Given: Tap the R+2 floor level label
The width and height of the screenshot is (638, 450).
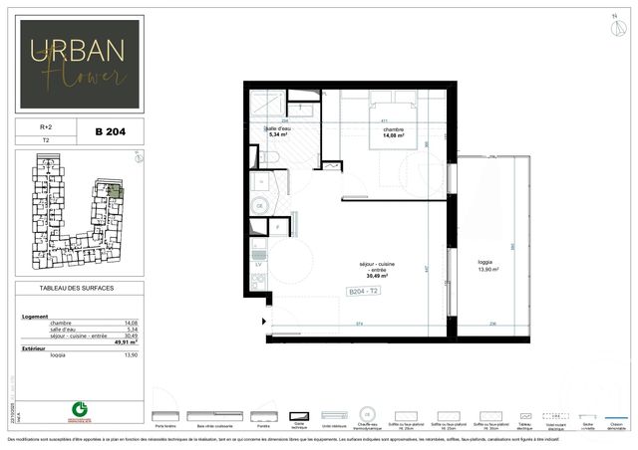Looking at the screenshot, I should pos(46,127).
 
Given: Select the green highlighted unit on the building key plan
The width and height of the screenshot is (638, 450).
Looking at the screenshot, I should pos(114,191).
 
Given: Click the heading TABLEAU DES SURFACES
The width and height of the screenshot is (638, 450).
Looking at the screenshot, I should pos(77,288).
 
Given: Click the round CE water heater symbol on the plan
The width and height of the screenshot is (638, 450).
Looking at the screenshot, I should pos(261,205).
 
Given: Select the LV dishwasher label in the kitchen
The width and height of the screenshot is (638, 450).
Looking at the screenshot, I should pos(259,265).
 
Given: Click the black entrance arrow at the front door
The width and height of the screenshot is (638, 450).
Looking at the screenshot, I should pos(263,321).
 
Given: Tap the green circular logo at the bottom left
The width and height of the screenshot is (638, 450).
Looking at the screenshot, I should pos(76,409).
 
